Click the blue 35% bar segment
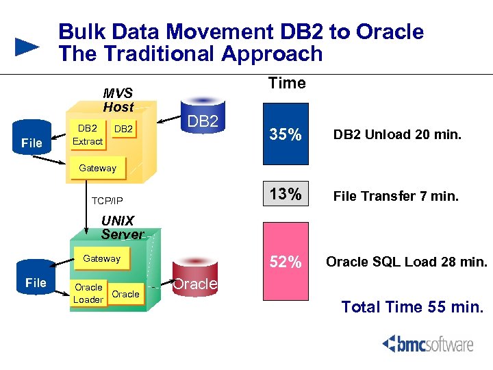[x=286, y=136]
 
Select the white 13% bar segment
[x=286, y=195]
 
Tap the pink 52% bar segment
[x=286, y=262]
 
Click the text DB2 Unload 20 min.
[x=397, y=136]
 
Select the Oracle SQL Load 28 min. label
[x=407, y=262]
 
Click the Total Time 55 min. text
[x=412, y=306]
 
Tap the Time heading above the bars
[x=287, y=84]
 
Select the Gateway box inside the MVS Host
[x=97, y=168]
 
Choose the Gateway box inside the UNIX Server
[x=101, y=258]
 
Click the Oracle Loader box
[x=88, y=293]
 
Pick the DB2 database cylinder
[x=203, y=121]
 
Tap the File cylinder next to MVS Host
[x=31, y=140]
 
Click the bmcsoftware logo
[x=428, y=343]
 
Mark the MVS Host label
[x=118, y=100]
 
